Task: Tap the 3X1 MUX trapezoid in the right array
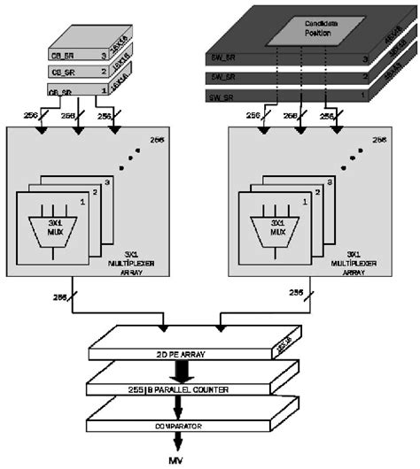[x=277, y=228]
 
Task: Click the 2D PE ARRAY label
[x=179, y=354]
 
